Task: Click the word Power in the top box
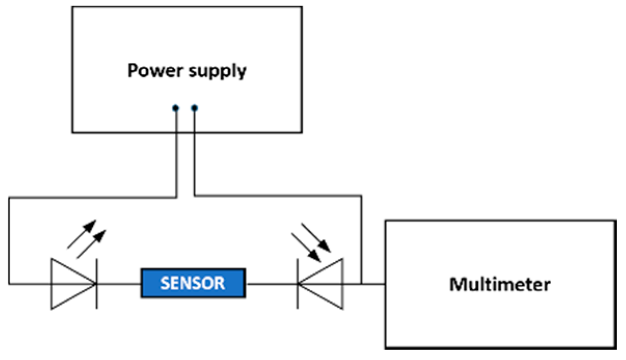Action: (x=151, y=71)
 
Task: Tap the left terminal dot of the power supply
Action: (x=176, y=108)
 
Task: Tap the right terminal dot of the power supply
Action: (x=194, y=108)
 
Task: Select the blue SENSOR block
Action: (x=193, y=283)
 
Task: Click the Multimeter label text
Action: (x=499, y=284)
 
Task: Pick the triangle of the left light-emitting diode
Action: (x=70, y=284)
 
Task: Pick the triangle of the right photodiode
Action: (x=324, y=284)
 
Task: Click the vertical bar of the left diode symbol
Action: (x=96, y=284)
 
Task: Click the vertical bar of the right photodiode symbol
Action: (x=298, y=284)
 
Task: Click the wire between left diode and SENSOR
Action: (x=118, y=284)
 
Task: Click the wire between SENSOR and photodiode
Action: (x=271, y=284)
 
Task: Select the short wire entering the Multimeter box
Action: (x=373, y=284)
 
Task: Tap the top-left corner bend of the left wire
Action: (x=9, y=197)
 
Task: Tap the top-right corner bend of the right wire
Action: (x=361, y=196)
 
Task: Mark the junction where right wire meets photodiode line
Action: (x=361, y=284)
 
